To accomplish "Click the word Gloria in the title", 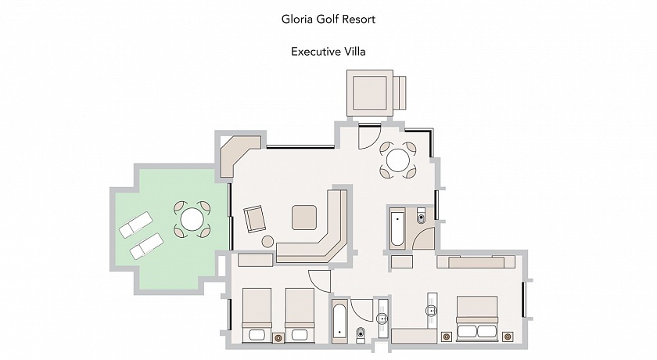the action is point(296,19).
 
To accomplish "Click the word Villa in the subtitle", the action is point(355,52).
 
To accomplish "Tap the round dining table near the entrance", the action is point(397,160).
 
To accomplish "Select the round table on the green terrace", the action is point(192,219).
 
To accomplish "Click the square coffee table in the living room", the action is point(304,218).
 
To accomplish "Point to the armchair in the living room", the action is point(255,218).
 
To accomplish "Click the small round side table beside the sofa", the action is point(267,241).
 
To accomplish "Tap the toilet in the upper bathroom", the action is point(421,216).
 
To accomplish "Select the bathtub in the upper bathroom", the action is point(397,229).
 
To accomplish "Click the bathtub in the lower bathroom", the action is point(339,322).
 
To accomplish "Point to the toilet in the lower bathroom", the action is point(361,335).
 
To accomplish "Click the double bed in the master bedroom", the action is point(477,319).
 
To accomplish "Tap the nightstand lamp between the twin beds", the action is point(278,337).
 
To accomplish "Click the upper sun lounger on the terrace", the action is point(136,225).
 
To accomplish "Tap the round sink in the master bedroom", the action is point(432,311).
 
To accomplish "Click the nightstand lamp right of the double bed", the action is point(508,336).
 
